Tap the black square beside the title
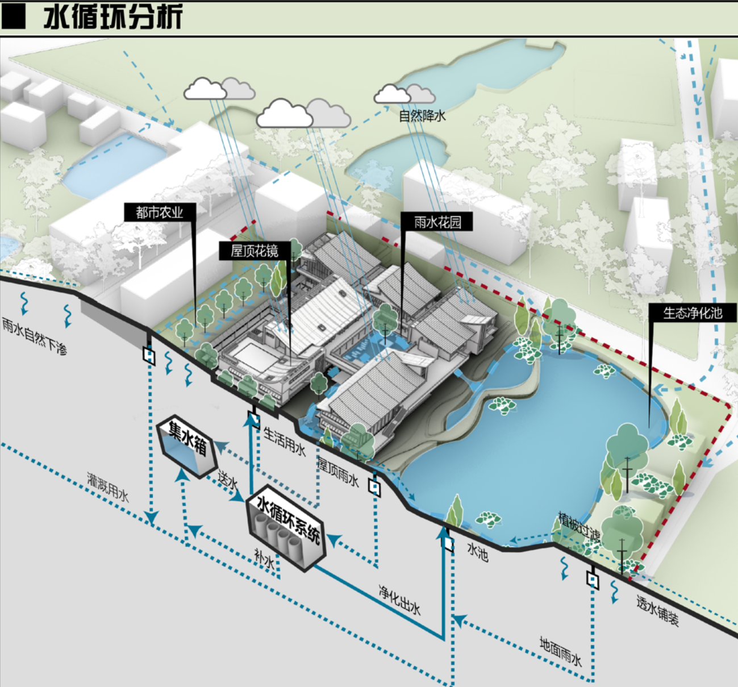[x=14, y=17]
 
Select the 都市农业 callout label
[x=160, y=213]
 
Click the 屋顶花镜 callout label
[x=255, y=251]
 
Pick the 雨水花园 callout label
[x=437, y=222]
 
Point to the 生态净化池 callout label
[x=692, y=313]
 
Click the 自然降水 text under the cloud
[x=422, y=116]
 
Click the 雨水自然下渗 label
[x=35, y=336]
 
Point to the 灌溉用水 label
[x=108, y=487]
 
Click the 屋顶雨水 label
[x=338, y=471]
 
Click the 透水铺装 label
[x=658, y=611]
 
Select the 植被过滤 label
[x=579, y=526]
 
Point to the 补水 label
[x=265, y=560]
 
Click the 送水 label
[x=228, y=481]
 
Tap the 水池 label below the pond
[x=478, y=551]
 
